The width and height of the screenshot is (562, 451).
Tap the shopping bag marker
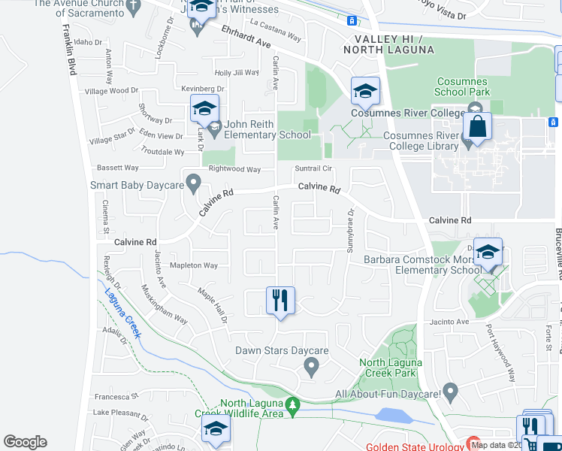pos(477,129)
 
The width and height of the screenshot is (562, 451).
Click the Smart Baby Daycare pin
pos(194,183)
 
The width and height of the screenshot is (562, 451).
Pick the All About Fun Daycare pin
pos(450,391)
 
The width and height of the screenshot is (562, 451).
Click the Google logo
pos(26,442)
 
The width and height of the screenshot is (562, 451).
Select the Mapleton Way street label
pos(193,265)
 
